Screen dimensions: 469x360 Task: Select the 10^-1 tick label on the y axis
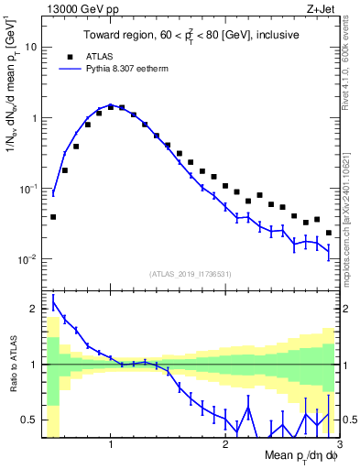point(28,188)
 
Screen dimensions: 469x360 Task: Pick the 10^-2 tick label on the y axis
point(28,259)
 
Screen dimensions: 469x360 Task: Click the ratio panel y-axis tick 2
point(34,310)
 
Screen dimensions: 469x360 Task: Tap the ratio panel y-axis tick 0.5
point(30,420)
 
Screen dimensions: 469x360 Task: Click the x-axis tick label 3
point(338,445)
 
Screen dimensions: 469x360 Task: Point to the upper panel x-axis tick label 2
point(225,445)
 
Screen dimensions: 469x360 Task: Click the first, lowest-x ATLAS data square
point(53,217)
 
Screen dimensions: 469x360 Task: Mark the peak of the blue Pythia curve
point(110,104)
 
